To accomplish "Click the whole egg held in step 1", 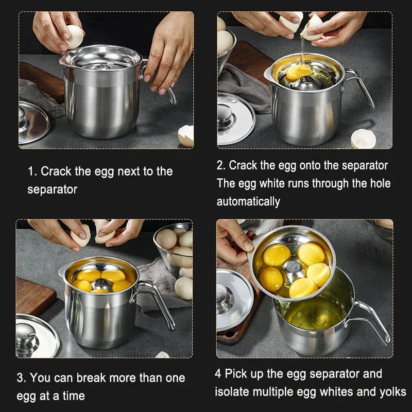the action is [75, 37].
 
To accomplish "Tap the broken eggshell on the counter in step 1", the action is [186, 136].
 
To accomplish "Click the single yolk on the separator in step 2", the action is [298, 72].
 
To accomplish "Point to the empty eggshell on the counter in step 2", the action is [364, 139].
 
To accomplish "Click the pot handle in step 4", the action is [370, 322].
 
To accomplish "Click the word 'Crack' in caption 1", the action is [56, 171].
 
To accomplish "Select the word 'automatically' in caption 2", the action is [248, 202].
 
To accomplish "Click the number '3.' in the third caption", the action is [21, 378].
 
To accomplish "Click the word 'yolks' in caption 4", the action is [393, 392].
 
